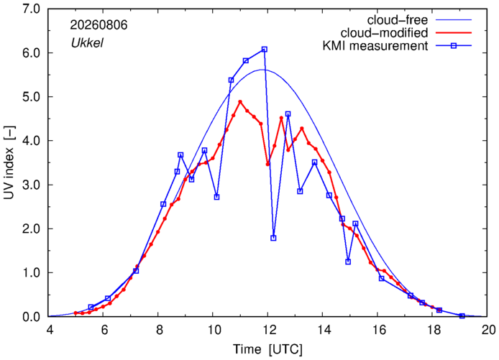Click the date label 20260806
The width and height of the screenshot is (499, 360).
click(x=99, y=25)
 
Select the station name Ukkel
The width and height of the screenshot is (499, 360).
click(x=87, y=43)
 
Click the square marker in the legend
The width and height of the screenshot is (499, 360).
click(x=454, y=46)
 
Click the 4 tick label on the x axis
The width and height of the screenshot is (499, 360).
click(x=49, y=330)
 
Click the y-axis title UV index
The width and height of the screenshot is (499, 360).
click(x=9, y=162)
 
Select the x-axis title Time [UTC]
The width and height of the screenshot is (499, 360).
click(x=267, y=349)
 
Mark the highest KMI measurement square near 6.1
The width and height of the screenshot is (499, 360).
click(x=265, y=50)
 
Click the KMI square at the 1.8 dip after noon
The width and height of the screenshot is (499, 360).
click(x=273, y=238)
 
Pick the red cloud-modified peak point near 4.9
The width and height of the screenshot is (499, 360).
click(x=240, y=102)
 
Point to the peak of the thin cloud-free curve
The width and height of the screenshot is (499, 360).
click(x=262, y=70)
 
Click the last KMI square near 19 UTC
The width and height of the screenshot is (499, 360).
click(x=462, y=315)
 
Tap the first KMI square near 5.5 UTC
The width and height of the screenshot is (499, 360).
click(x=91, y=307)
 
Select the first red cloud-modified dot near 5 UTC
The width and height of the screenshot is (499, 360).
click(x=75, y=313)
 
